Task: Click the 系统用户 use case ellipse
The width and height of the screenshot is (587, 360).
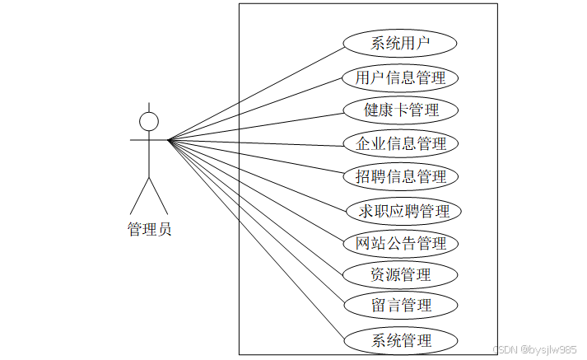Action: tap(400, 44)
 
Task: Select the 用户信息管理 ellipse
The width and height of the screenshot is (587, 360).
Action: tap(400, 78)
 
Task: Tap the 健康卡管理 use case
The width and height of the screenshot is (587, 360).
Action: tap(400, 110)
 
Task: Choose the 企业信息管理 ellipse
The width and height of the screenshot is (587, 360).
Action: tap(400, 143)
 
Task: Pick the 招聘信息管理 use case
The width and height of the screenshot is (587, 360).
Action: tap(400, 176)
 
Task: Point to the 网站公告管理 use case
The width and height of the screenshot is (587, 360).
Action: tap(400, 243)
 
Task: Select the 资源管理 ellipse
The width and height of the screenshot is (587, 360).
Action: tap(400, 274)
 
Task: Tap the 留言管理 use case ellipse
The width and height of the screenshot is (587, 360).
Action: tap(400, 306)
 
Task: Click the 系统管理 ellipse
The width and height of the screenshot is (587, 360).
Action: tap(400, 340)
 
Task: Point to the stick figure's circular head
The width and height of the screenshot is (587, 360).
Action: tap(149, 122)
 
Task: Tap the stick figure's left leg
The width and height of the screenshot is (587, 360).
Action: tap(139, 196)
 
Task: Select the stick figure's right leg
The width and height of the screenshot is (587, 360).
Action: tap(159, 196)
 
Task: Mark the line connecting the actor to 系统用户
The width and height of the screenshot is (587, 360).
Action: tap(255, 91)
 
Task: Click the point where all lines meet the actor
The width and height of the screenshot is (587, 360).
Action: tap(169, 140)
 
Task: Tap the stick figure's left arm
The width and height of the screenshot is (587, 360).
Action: tap(138, 140)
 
